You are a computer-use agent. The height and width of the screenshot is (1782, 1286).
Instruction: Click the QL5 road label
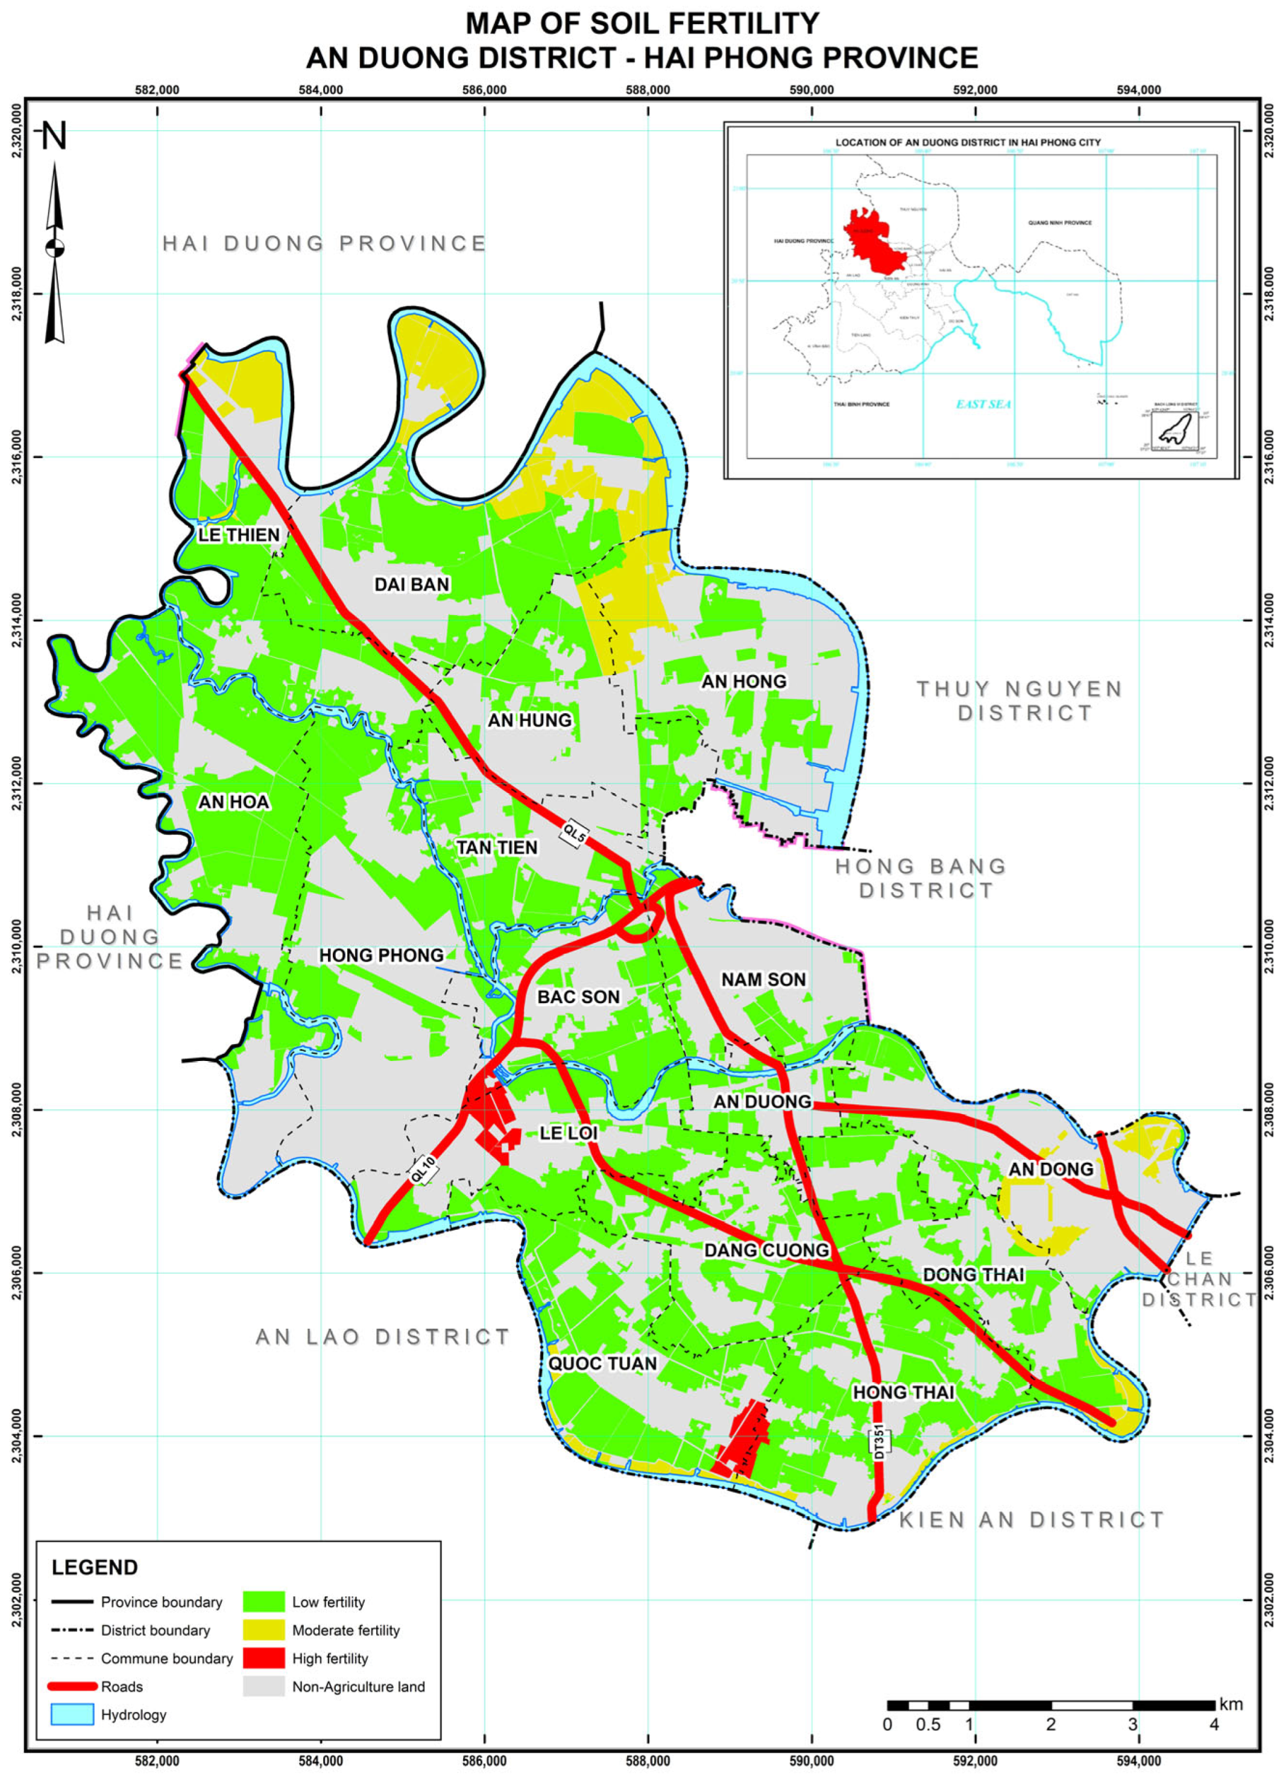click(574, 834)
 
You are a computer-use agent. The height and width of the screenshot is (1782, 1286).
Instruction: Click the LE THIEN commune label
click(239, 535)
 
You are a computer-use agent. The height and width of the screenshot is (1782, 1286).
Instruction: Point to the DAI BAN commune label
click(412, 585)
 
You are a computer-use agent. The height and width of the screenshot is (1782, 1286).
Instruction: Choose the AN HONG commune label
click(744, 681)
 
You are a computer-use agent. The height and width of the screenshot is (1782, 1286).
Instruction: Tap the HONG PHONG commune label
click(381, 956)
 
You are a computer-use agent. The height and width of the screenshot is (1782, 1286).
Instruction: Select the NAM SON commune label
click(764, 980)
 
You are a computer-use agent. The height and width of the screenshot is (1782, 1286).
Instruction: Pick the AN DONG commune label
click(1051, 1169)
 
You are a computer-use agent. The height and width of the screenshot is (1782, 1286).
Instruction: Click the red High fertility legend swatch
click(263, 1658)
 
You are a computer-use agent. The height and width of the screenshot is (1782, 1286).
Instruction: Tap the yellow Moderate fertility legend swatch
click(263, 1630)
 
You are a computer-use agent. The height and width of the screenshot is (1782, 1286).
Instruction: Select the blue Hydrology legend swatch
click(72, 1714)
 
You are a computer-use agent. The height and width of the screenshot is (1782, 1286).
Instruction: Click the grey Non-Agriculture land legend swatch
click(263, 1686)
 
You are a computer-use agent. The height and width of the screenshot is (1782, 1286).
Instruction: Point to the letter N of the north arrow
click(54, 137)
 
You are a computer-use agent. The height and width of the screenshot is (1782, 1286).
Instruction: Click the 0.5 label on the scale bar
click(928, 1725)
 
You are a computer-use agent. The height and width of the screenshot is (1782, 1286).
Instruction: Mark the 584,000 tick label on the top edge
click(321, 90)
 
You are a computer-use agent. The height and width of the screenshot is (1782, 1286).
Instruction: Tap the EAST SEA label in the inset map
click(983, 404)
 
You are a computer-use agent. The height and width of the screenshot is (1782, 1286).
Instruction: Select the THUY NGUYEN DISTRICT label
click(1020, 701)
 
